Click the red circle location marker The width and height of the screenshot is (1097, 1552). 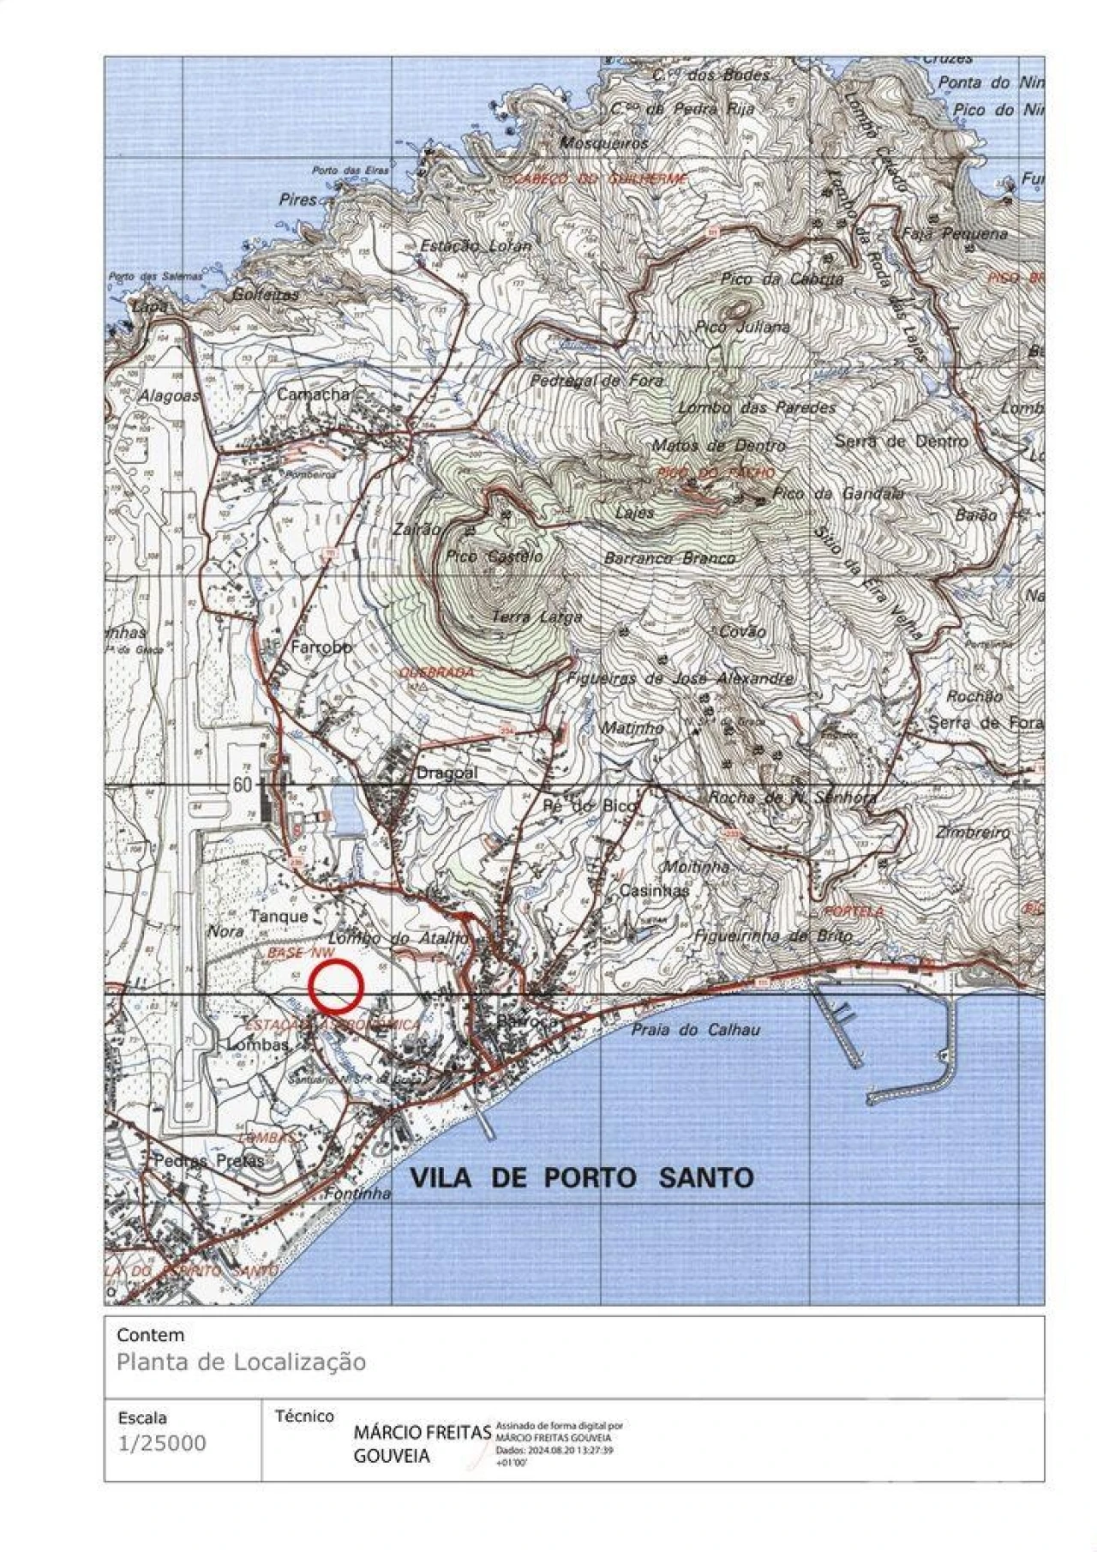pos(336,986)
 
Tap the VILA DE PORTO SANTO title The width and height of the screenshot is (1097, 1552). pos(582,1177)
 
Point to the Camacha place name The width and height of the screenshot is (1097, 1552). pos(313,394)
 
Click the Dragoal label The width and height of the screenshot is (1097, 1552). pos(447,773)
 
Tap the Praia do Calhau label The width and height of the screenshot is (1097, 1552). pos(695,1030)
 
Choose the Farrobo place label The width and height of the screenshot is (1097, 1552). pos(321,647)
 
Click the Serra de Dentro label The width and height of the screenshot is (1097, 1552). pos(901,441)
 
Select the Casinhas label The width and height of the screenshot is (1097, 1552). pos(654,891)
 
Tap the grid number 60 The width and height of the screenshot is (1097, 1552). pos(243,784)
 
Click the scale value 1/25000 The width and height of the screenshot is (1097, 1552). pos(162,1443)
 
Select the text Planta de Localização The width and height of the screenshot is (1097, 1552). pos(241,1362)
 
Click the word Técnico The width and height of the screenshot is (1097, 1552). pos(304,1416)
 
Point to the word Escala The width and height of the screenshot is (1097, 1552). pos(142,1417)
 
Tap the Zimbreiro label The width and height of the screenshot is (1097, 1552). pos(973,832)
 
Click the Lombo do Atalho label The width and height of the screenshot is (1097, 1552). pos(399,939)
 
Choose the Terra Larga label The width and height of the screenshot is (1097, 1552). pos(537,617)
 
